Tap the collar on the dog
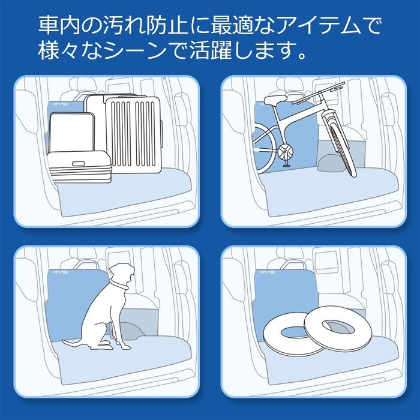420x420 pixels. click(118, 285)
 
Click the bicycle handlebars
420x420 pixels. click(319, 93)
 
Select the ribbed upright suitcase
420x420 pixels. click(133, 135)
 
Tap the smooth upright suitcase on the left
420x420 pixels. click(72, 133)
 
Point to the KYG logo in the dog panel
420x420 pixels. click(60, 272)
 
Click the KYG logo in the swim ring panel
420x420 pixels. click(267, 272)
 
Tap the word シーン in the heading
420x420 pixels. click(137, 50)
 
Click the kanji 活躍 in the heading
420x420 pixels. click(211, 50)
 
